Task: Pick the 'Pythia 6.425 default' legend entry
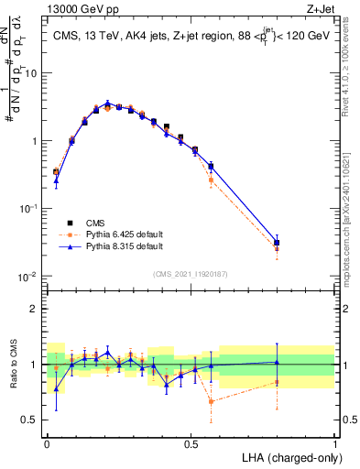116,234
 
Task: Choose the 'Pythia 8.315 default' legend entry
116,246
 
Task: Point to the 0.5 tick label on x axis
191,442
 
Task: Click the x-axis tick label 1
336,442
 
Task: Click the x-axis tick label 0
47,442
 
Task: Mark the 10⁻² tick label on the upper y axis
30,277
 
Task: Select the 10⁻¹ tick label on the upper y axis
30,209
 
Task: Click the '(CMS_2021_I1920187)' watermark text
190,272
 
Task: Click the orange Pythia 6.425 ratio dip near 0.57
212,401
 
